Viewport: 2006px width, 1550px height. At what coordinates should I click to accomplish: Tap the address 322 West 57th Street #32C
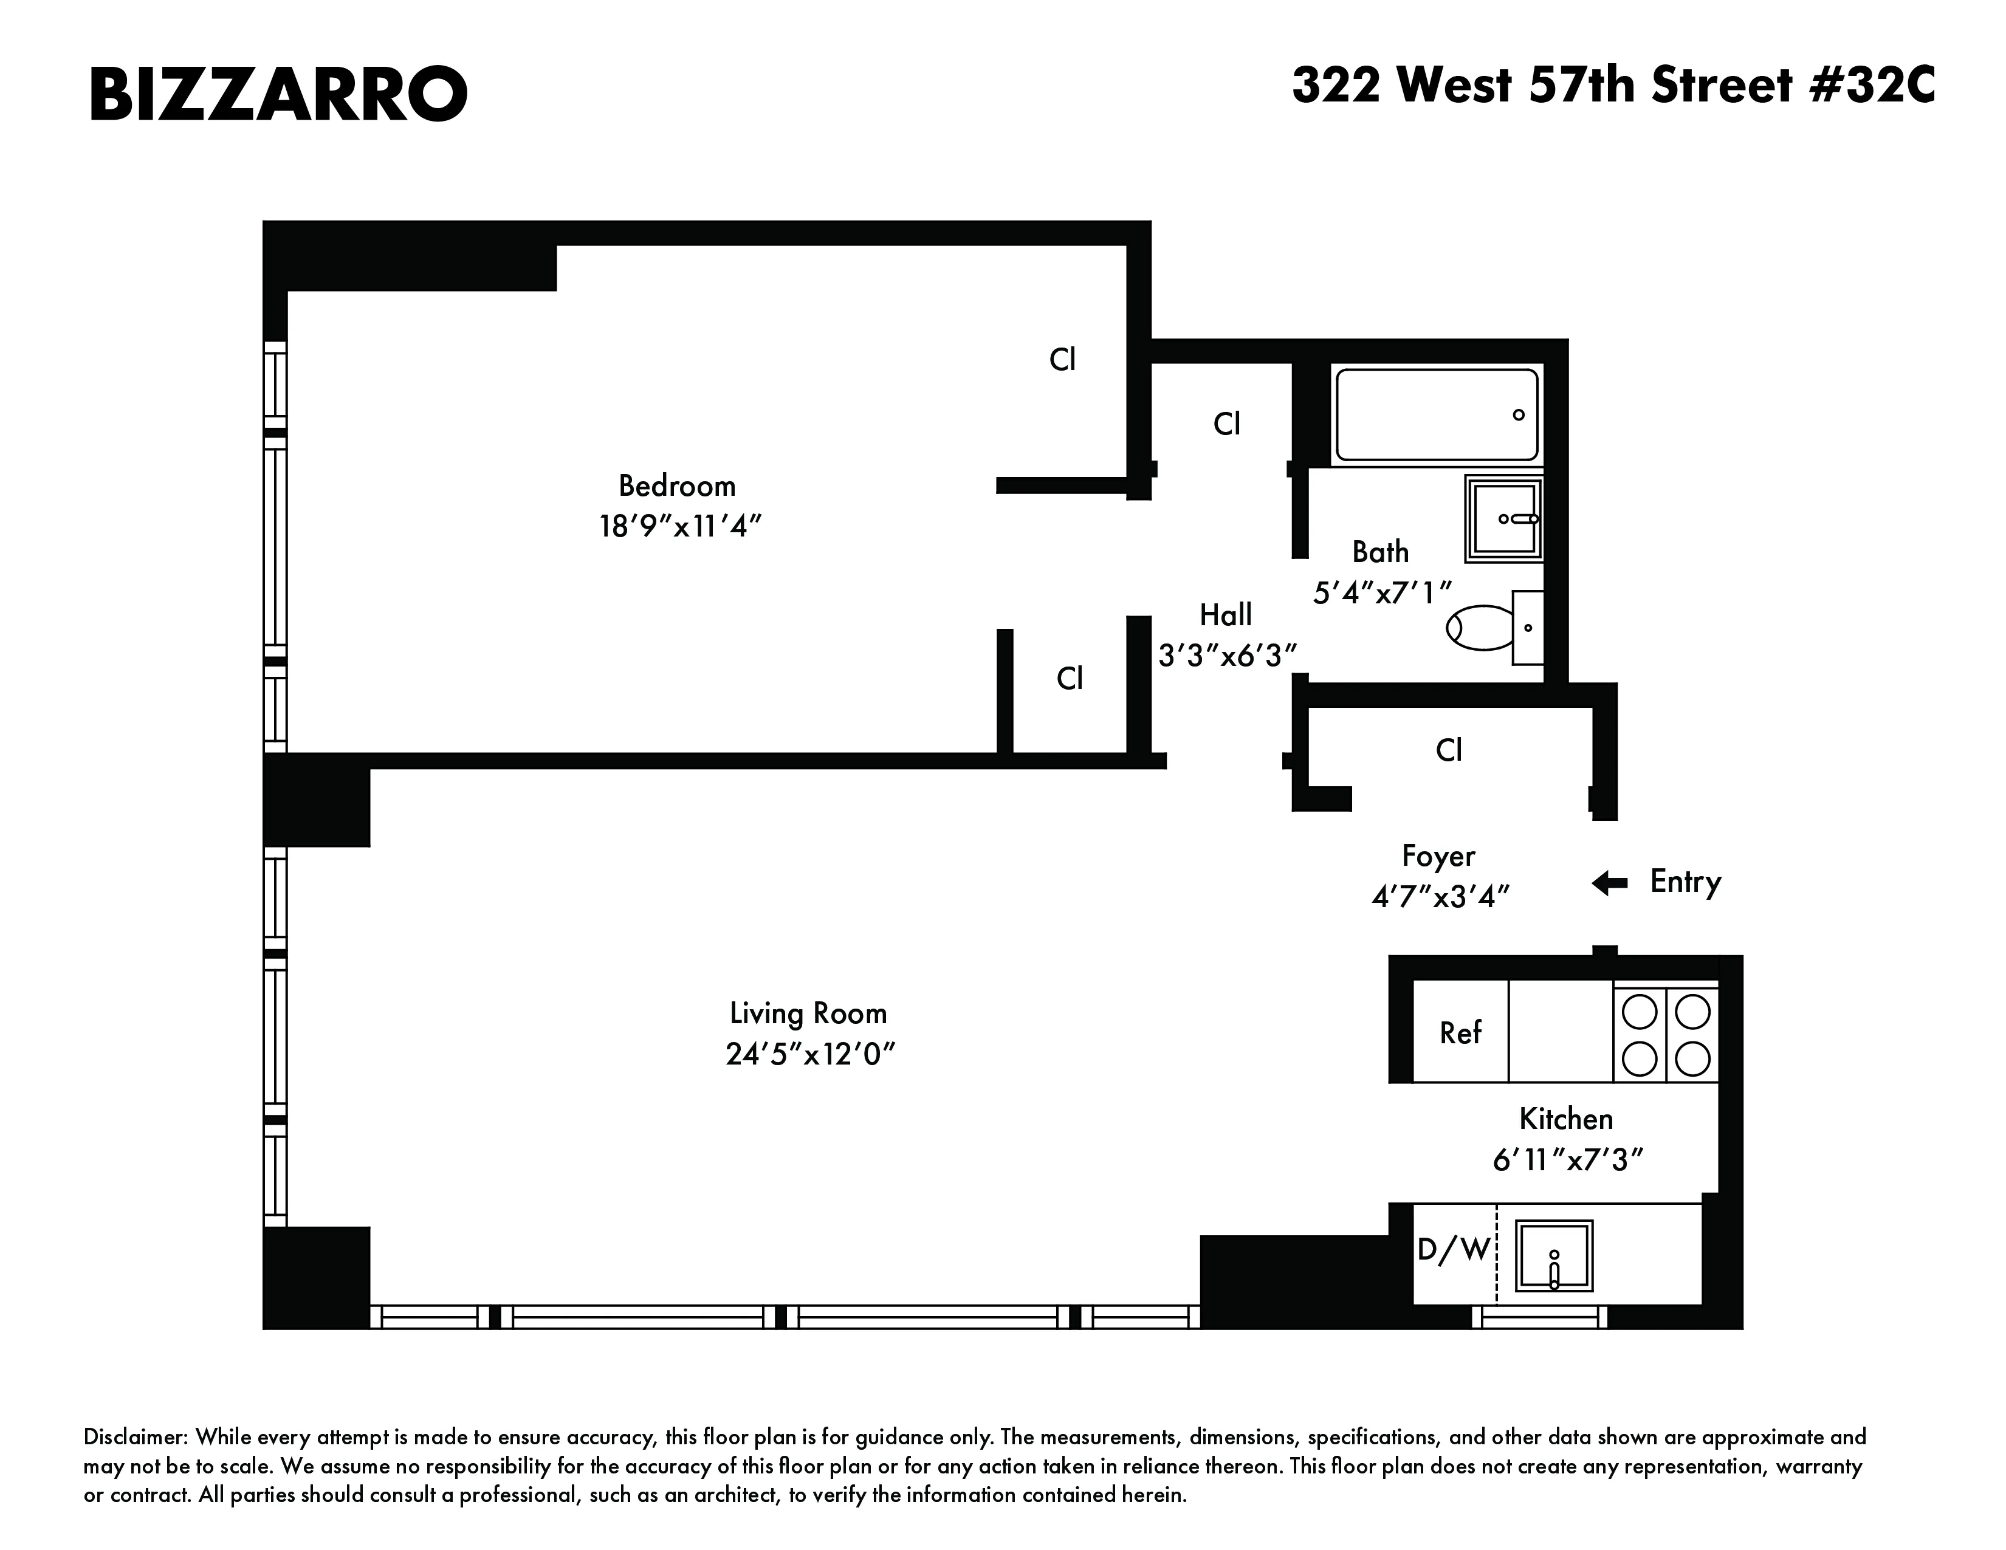click(1612, 86)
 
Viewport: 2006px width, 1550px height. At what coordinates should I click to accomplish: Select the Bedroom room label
click(677, 485)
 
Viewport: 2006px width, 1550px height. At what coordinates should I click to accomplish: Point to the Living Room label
click(808, 1013)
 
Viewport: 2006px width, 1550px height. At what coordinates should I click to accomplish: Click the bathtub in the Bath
click(1435, 415)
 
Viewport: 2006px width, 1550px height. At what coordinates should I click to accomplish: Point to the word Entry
click(1686, 882)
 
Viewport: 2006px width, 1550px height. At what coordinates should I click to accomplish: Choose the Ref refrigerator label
click(1460, 1033)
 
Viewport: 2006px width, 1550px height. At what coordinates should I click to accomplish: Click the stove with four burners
click(1665, 1034)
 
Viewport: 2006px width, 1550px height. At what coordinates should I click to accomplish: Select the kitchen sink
click(1553, 1256)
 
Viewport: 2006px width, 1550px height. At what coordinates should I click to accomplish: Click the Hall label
click(1225, 614)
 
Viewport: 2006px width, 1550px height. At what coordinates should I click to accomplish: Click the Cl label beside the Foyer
click(1449, 750)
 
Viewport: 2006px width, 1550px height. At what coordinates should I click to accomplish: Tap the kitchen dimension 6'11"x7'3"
click(1567, 1161)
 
